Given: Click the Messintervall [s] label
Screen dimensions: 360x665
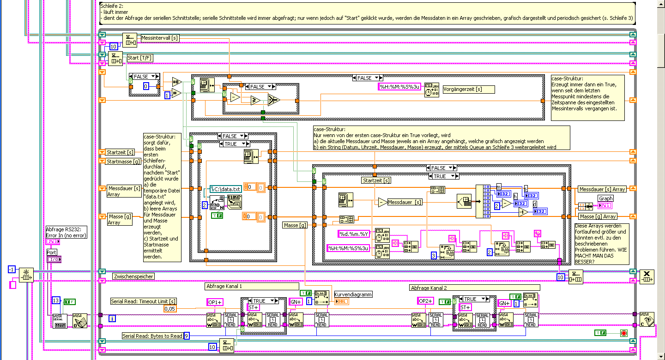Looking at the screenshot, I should (x=160, y=38).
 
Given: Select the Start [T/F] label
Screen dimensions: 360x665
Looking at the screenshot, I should (x=140, y=58).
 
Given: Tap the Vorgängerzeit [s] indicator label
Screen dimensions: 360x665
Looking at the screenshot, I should (x=468, y=89).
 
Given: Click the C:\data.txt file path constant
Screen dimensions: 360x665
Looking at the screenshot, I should (x=225, y=189).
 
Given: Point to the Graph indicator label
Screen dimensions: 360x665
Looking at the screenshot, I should (x=606, y=198).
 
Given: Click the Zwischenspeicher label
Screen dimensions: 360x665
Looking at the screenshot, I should (x=133, y=276).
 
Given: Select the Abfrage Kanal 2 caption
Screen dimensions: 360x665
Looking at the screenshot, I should (x=429, y=288).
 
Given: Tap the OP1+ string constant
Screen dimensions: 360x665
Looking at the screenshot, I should (x=215, y=302).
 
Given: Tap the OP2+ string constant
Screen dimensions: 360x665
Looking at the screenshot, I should (x=426, y=301).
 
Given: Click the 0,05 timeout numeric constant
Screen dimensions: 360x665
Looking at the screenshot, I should (x=170, y=308).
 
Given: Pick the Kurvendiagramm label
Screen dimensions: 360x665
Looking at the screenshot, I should (x=353, y=294).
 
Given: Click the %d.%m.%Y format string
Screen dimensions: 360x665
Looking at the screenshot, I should (x=354, y=234).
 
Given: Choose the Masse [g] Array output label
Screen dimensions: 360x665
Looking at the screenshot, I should (x=598, y=216).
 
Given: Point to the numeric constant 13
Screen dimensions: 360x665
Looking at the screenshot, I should (x=56, y=300).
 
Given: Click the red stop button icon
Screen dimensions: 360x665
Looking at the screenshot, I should (x=624, y=333).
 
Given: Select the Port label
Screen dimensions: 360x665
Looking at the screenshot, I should (x=52, y=252).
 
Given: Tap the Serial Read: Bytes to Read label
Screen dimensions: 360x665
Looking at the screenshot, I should (x=152, y=336).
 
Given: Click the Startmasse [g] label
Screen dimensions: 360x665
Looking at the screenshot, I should (x=123, y=161).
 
